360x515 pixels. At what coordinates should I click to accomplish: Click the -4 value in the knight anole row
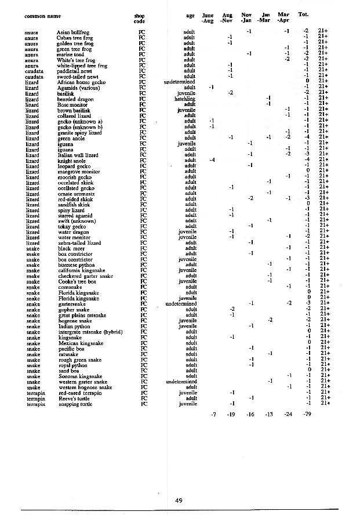[212, 159]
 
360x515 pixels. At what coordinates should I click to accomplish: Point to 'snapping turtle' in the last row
[77, 404]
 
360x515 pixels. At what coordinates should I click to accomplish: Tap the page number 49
[179, 500]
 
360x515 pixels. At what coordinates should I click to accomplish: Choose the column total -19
[231, 415]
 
